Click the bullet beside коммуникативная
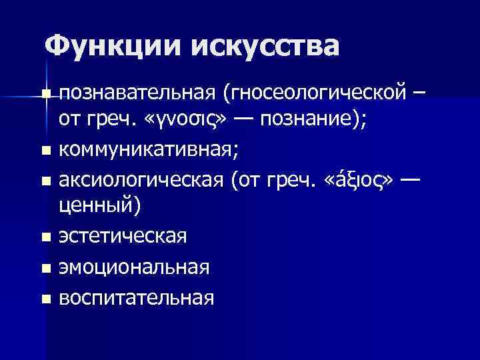click(x=45, y=153)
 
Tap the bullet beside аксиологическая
click(x=45, y=181)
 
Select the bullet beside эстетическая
click(x=45, y=238)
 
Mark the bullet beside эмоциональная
click(x=45, y=268)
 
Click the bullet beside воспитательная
click(x=45, y=297)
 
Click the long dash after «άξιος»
click(x=408, y=179)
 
